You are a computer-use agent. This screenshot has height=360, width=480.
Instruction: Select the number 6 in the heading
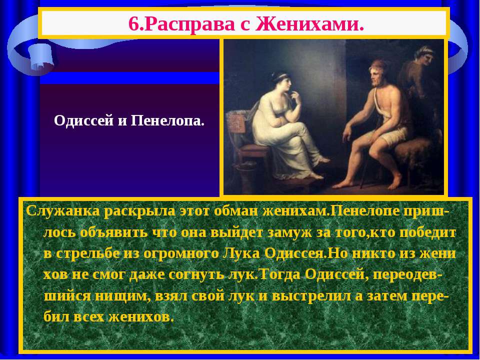pos(133,23)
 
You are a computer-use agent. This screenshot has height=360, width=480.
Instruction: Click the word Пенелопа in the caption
pos(167,121)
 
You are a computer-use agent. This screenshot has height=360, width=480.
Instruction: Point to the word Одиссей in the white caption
pos(83,121)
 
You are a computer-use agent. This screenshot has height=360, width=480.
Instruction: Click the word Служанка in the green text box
pos(63,211)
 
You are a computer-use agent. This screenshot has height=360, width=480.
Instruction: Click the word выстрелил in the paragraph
pos(311,296)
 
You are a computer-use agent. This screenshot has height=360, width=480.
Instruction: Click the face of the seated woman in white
pos(283,83)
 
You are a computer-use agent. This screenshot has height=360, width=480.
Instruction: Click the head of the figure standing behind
pos(425,55)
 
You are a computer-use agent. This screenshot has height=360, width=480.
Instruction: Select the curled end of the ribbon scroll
pos(41,57)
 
